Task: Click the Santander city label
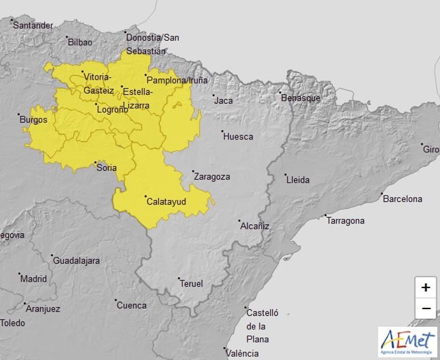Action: click(x=33, y=25)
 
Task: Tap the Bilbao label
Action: click(x=80, y=42)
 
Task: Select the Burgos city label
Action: click(x=33, y=120)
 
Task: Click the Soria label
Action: click(x=106, y=168)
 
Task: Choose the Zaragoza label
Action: click(x=212, y=177)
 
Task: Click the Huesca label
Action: click(x=238, y=136)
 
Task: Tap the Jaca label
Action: click(x=223, y=101)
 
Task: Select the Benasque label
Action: click(x=300, y=97)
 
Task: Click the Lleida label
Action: click(x=298, y=180)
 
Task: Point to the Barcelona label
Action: click(x=402, y=199)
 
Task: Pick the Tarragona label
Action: click(x=345, y=221)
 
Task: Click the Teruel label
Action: click(x=191, y=284)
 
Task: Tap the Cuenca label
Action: click(x=131, y=305)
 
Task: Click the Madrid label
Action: click(x=33, y=278)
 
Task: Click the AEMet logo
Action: click(x=408, y=342)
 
